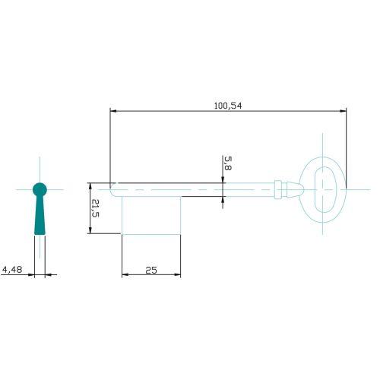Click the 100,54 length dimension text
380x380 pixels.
228,106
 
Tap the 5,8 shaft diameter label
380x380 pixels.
228,163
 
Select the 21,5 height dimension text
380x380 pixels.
95,208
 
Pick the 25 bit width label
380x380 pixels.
151,271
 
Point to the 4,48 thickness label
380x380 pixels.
12,269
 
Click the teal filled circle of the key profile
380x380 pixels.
40,189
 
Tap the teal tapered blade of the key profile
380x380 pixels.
40,215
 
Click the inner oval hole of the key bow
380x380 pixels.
325,189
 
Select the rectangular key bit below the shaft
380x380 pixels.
151,216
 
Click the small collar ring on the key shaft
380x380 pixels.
278,189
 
